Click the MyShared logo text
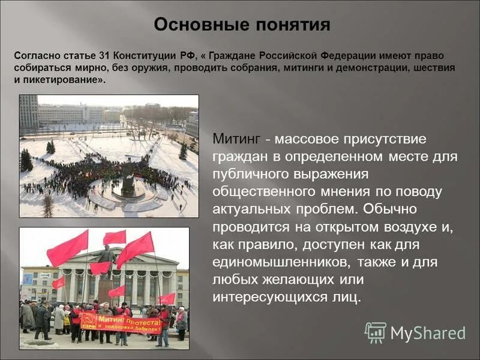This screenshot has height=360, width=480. pos(428,333)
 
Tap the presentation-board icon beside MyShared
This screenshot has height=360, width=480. pos(376,332)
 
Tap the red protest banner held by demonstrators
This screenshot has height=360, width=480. pos(120,323)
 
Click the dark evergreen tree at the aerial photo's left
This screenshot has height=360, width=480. pos(26,161)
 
